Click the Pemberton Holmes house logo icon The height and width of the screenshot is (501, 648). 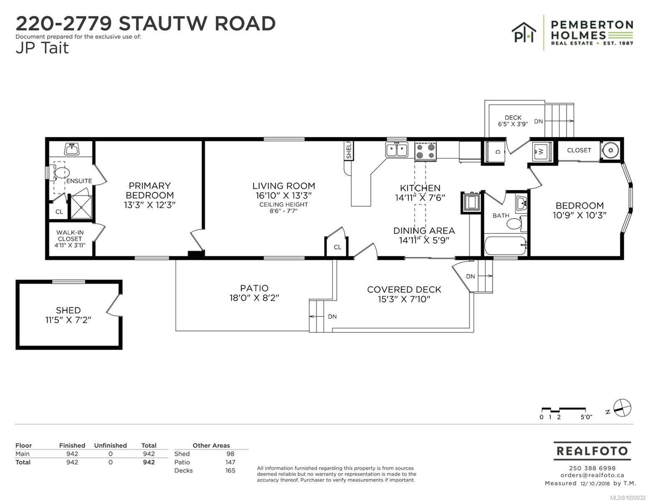tap(524, 33)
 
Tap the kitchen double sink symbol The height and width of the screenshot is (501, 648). tap(396, 149)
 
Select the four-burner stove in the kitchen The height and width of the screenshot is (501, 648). tap(425, 151)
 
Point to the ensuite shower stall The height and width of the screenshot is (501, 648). tap(80, 207)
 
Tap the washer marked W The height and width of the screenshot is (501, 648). tap(542, 152)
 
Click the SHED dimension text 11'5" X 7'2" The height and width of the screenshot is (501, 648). tap(68, 320)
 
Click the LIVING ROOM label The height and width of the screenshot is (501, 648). tap(283, 186)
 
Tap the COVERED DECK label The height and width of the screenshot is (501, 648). tap(404, 289)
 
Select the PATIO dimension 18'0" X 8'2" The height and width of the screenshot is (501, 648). tap(254, 298)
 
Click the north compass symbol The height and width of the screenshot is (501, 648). tap(622, 408)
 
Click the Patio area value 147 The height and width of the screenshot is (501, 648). tap(230, 462)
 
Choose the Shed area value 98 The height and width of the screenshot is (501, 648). tap(230, 454)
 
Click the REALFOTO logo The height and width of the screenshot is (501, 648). tap(592, 451)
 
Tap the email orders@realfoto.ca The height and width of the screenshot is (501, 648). tap(592, 475)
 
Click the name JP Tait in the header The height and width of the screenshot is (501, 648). tap(42, 48)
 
